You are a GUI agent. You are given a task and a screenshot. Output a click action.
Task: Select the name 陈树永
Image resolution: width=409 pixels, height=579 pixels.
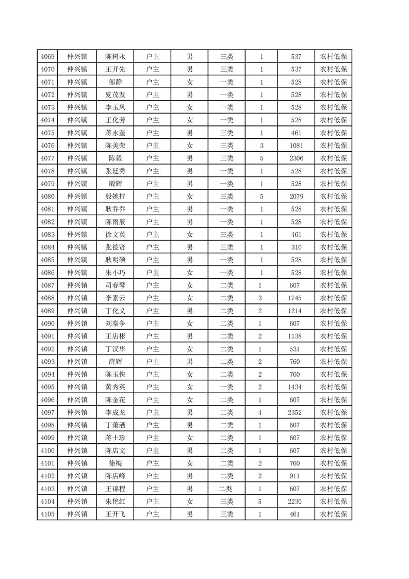(115, 57)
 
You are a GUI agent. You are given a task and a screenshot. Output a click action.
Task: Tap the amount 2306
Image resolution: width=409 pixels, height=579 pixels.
(296, 158)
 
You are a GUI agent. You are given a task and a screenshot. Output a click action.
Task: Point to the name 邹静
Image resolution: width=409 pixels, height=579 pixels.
(115, 82)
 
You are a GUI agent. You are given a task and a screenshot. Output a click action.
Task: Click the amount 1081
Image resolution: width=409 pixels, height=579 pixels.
(296, 146)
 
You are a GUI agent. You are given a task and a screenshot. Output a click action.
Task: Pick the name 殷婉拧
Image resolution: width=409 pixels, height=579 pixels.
(115, 196)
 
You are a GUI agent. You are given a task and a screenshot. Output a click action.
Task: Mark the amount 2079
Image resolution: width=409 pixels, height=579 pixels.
(296, 196)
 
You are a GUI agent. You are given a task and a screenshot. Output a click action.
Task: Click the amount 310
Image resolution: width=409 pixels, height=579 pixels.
(296, 247)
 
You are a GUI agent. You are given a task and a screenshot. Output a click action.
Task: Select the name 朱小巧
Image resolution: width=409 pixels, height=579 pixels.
(115, 272)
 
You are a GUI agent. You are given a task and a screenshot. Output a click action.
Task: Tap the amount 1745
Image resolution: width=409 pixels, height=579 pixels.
(296, 298)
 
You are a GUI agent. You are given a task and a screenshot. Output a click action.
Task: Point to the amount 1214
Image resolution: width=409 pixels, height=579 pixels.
(296, 311)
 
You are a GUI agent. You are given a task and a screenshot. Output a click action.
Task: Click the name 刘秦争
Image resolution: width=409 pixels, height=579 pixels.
(115, 324)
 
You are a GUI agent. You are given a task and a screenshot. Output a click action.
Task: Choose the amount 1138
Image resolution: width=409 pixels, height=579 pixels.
(296, 336)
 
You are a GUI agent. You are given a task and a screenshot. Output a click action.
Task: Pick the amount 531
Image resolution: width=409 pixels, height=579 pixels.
(296, 349)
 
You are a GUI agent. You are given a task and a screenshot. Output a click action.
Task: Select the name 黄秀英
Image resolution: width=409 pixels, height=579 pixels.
(115, 387)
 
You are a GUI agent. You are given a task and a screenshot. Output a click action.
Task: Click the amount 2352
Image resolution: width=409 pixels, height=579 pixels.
(296, 412)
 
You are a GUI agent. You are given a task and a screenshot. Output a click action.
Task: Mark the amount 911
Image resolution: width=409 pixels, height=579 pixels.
(296, 476)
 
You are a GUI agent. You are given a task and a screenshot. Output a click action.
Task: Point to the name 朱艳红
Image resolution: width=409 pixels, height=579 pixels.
(115, 501)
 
